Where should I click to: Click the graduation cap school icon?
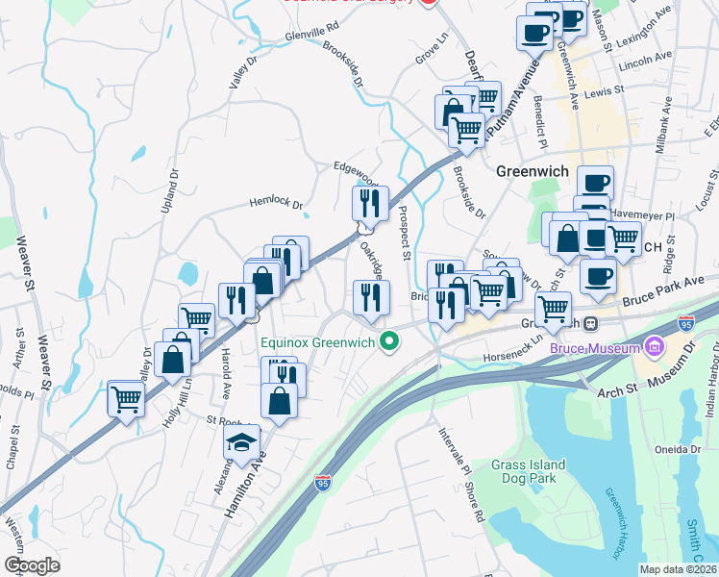[x=241, y=442]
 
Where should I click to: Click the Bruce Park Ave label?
[x=664, y=289]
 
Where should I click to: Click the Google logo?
[x=32, y=564]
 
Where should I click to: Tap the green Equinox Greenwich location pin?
[x=389, y=340]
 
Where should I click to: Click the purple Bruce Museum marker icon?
[x=655, y=343]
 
